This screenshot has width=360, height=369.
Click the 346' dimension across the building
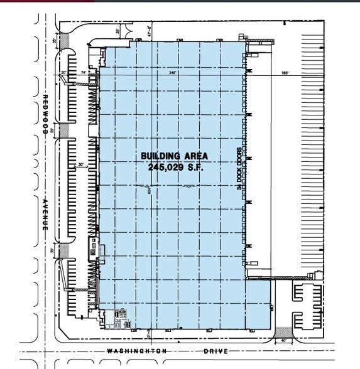173,73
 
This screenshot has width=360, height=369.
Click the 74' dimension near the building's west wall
84,73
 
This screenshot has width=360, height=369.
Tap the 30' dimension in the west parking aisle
80,165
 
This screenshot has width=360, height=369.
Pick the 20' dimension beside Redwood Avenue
63,73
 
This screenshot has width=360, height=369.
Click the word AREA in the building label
190,156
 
